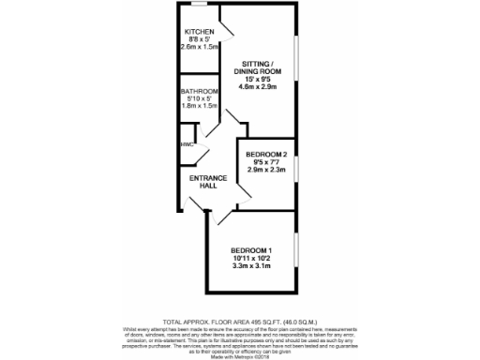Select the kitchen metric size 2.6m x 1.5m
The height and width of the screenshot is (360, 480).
click(x=201, y=46)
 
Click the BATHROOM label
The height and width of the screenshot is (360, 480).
click(x=200, y=91)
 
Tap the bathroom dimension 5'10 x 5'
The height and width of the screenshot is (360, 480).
click(x=200, y=98)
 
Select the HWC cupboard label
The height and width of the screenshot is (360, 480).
click(x=186, y=144)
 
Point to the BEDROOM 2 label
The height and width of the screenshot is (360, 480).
click(x=265, y=154)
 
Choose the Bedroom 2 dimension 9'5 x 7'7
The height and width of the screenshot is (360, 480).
click(x=265, y=161)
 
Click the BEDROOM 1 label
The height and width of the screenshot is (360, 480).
click(x=250, y=248)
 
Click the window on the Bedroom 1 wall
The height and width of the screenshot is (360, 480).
click(x=296, y=248)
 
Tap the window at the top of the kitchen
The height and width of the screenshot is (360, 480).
click(x=198, y=7)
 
